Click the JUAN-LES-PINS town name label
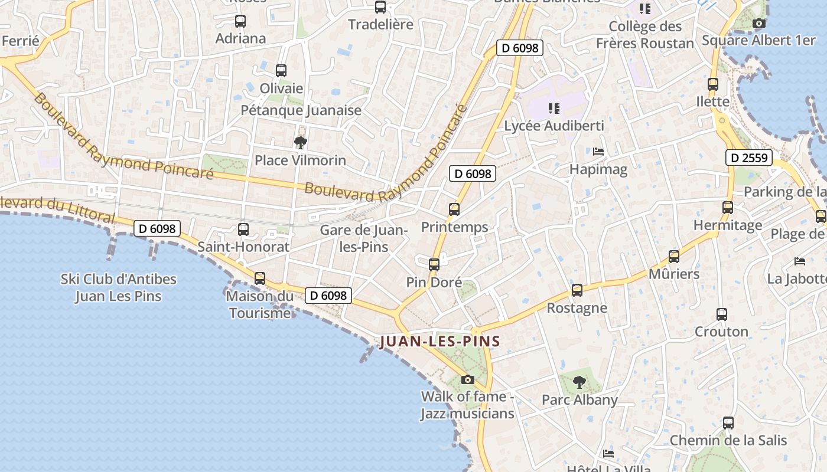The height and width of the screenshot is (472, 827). pyautogui.click(x=440, y=341)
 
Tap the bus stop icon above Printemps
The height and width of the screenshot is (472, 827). pyautogui.click(x=454, y=209)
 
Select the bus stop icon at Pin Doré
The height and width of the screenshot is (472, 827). pyautogui.click(x=434, y=265)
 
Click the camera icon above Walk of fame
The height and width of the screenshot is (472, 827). pyautogui.click(x=468, y=379)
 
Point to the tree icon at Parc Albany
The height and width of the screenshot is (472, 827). pyautogui.click(x=579, y=382)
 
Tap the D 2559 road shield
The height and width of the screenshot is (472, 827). pyautogui.click(x=749, y=158)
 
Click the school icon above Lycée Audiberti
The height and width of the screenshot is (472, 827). pyautogui.click(x=554, y=108)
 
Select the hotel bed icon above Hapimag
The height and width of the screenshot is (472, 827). pyautogui.click(x=598, y=152)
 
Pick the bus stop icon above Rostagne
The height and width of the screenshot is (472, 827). pyautogui.click(x=577, y=290)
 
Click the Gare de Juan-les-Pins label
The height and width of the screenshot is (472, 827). pyautogui.click(x=364, y=238)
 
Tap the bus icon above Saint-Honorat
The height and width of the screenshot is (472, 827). pyautogui.click(x=243, y=230)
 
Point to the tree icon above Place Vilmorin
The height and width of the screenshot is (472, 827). pyautogui.click(x=301, y=142)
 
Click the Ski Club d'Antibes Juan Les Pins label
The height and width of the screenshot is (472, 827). pyautogui.click(x=119, y=287)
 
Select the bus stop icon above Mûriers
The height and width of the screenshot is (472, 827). pyautogui.click(x=674, y=257)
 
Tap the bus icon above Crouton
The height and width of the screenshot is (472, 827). pyautogui.click(x=721, y=314)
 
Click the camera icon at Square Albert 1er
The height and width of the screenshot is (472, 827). pyautogui.click(x=759, y=24)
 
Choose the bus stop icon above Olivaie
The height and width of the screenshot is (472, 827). pyautogui.click(x=281, y=71)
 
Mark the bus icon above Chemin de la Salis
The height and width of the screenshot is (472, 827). pyautogui.click(x=728, y=423)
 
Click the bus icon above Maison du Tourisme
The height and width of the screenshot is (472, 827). pyautogui.click(x=260, y=278)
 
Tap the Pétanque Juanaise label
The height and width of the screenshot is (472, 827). pyautogui.click(x=301, y=110)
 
